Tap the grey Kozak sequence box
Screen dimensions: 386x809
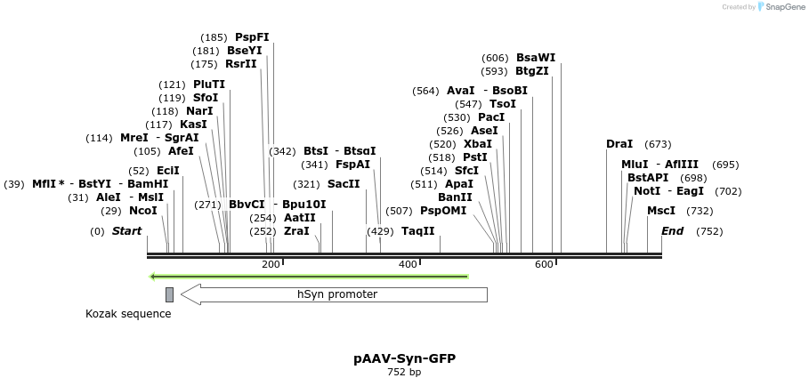click(x=169, y=294)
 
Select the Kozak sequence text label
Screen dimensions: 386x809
click(x=128, y=314)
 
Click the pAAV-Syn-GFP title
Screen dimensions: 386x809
click(x=404, y=358)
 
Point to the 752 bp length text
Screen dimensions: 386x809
click(x=404, y=373)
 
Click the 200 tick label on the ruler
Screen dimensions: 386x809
click(x=271, y=264)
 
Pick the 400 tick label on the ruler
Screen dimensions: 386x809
click(x=408, y=264)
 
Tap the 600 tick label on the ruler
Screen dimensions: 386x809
click(x=544, y=264)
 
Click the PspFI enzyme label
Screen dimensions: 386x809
click(x=252, y=37)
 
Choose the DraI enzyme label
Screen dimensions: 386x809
click(x=619, y=144)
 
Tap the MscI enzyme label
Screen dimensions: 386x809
click(x=661, y=211)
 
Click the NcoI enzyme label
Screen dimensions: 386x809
click(x=142, y=211)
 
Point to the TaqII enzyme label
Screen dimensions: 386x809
click(x=418, y=231)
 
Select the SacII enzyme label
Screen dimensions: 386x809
click(x=344, y=184)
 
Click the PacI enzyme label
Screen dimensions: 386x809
click(x=491, y=117)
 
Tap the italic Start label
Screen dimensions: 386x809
click(x=126, y=231)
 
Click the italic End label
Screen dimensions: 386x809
click(x=673, y=231)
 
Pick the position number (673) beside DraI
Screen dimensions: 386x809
click(x=658, y=144)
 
